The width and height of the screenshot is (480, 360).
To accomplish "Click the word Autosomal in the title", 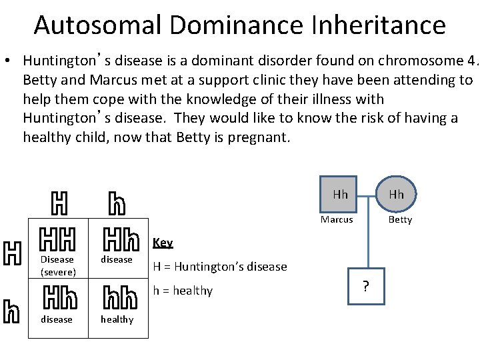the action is pos(97,25).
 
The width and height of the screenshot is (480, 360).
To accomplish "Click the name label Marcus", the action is pos(337,219).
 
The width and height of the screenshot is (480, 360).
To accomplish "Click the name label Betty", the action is pos(400,219).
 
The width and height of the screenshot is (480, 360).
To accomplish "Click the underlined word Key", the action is pos(163,243).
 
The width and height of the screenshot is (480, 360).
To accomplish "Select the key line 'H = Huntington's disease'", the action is pos(220,267).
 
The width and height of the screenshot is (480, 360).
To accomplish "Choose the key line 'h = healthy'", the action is pos(183,291).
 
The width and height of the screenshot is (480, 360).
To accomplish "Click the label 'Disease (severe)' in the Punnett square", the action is pos(57,265).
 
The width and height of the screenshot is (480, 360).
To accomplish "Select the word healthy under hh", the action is pos(117,319).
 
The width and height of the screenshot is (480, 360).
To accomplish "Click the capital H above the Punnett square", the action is pos(59,203).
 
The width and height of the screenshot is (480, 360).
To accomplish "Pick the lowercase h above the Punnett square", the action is pos(116,203).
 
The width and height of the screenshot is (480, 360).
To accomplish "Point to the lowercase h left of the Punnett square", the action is pos(11,311).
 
